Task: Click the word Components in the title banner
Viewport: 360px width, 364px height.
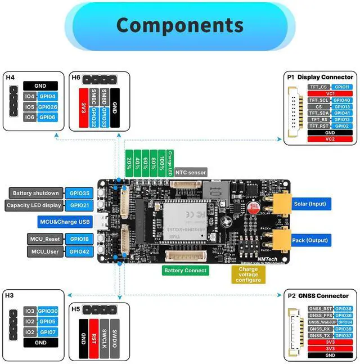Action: pos(179,25)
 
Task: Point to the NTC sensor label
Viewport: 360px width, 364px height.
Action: pos(191,172)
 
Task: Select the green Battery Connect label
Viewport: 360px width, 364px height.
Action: pos(185,270)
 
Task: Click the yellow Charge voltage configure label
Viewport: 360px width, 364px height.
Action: pos(248,275)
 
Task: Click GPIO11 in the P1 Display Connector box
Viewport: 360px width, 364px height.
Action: pos(342,87)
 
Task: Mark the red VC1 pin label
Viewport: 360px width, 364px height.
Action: pos(330,93)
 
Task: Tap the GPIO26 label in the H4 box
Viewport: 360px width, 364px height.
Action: pos(48,106)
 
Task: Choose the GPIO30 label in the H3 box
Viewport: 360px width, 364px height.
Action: pos(48,311)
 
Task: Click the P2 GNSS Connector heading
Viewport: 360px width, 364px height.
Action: pos(318,295)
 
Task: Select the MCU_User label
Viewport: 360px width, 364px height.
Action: pos(45,251)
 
